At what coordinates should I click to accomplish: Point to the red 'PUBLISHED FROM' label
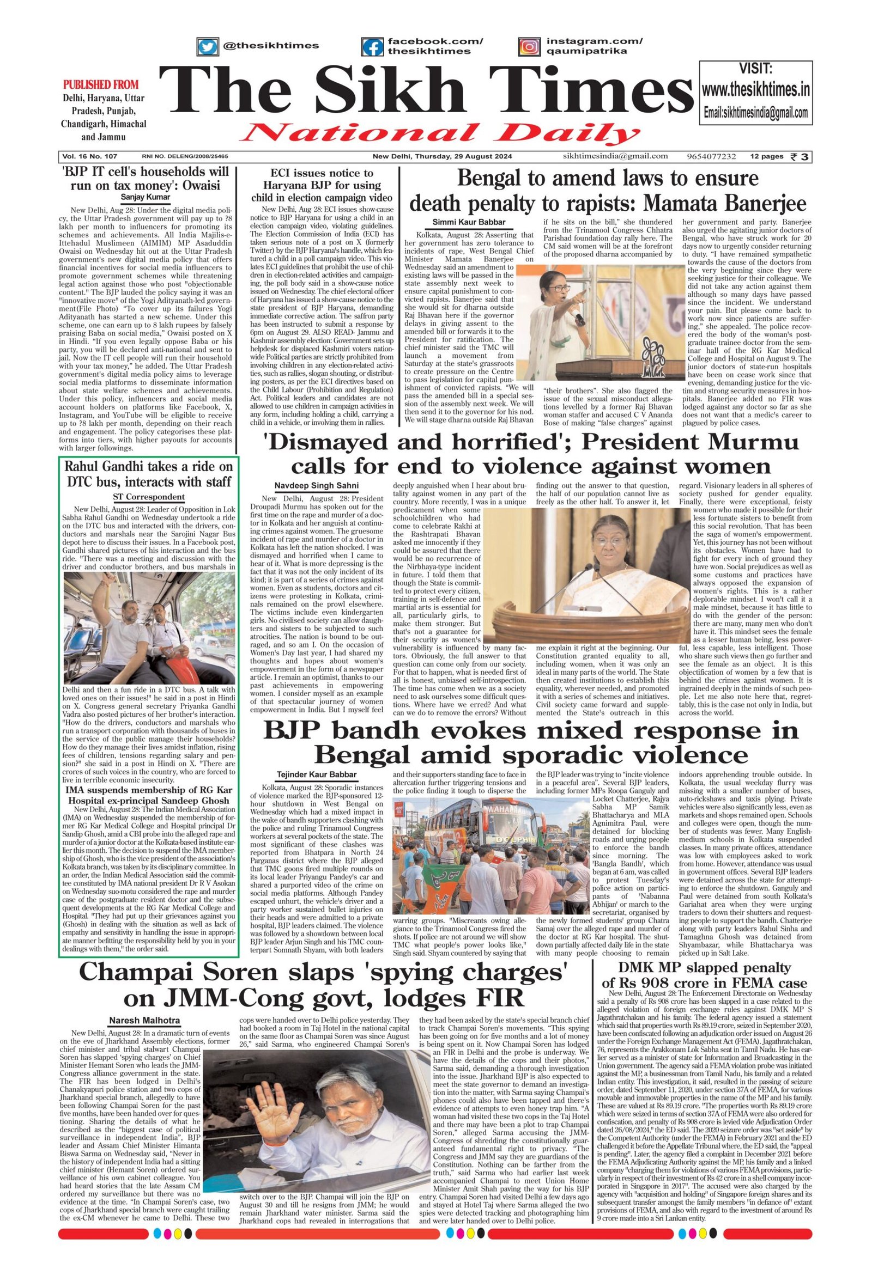click(100, 84)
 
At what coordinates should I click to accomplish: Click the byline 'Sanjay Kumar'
click(146, 197)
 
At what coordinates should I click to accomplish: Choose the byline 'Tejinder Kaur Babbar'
click(316, 775)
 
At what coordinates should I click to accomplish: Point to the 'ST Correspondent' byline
click(148, 497)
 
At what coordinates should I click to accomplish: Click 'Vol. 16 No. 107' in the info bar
click(89, 157)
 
